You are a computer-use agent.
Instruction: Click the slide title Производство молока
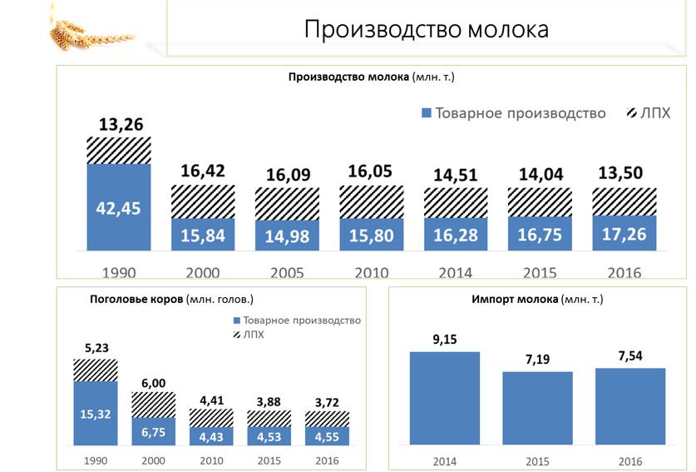pyautogui.click(x=426, y=29)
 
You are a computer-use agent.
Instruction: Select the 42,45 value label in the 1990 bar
pyautogui.click(x=119, y=207)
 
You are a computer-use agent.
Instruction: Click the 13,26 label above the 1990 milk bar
pyautogui.click(x=119, y=125)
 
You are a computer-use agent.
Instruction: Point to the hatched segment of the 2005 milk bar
pyautogui.click(x=287, y=205)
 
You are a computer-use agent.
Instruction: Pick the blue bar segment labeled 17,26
pyautogui.click(x=624, y=233)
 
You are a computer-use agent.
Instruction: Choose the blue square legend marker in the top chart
pyautogui.click(x=427, y=113)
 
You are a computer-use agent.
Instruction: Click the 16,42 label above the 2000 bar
pyautogui.click(x=203, y=172)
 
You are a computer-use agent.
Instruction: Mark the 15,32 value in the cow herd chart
pyautogui.click(x=96, y=413)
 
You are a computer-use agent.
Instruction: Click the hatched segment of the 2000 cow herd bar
pyautogui.click(x=153, y=405)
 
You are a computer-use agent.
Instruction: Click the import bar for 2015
pyautogui.click(x=538, y=408)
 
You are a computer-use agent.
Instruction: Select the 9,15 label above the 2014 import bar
pyautogui.click(x=445, y=340)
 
